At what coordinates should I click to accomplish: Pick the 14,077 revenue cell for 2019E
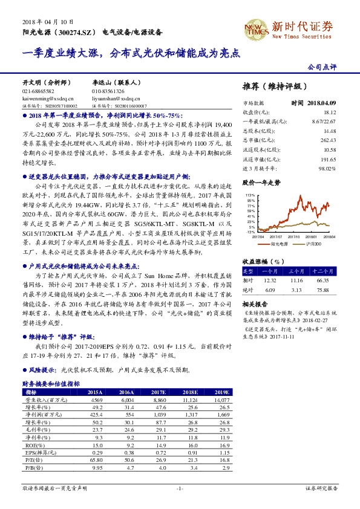pyautogui.click(x=223, y=400)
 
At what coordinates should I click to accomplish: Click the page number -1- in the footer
pyautogui.click(x=180, y=487)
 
